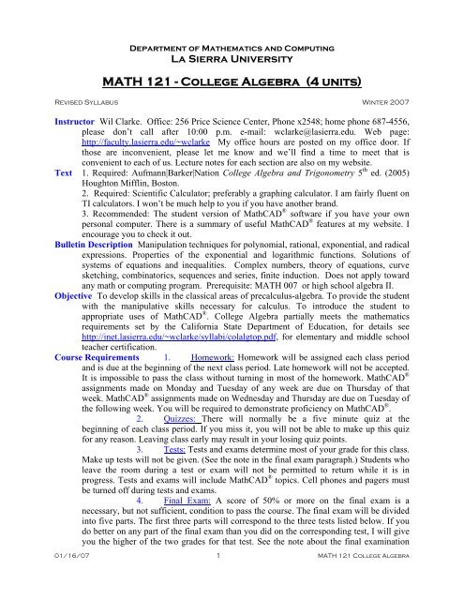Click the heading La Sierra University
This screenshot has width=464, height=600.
232,44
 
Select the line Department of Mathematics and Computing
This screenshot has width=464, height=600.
232,31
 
